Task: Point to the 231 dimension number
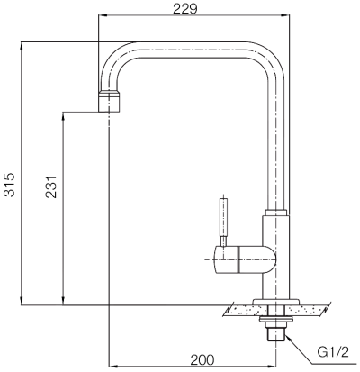[x=51, y=185]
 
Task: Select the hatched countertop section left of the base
[x=238, y=310]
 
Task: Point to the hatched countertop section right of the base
[x=311, y=310]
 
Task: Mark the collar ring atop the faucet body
[x=276, y=213]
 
